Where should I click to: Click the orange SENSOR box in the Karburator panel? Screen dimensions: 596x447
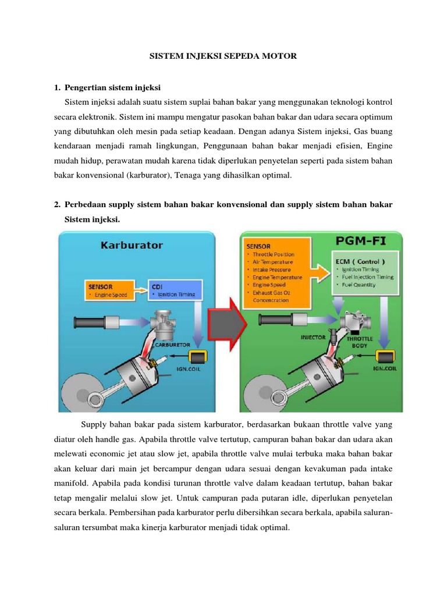[109, 290]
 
